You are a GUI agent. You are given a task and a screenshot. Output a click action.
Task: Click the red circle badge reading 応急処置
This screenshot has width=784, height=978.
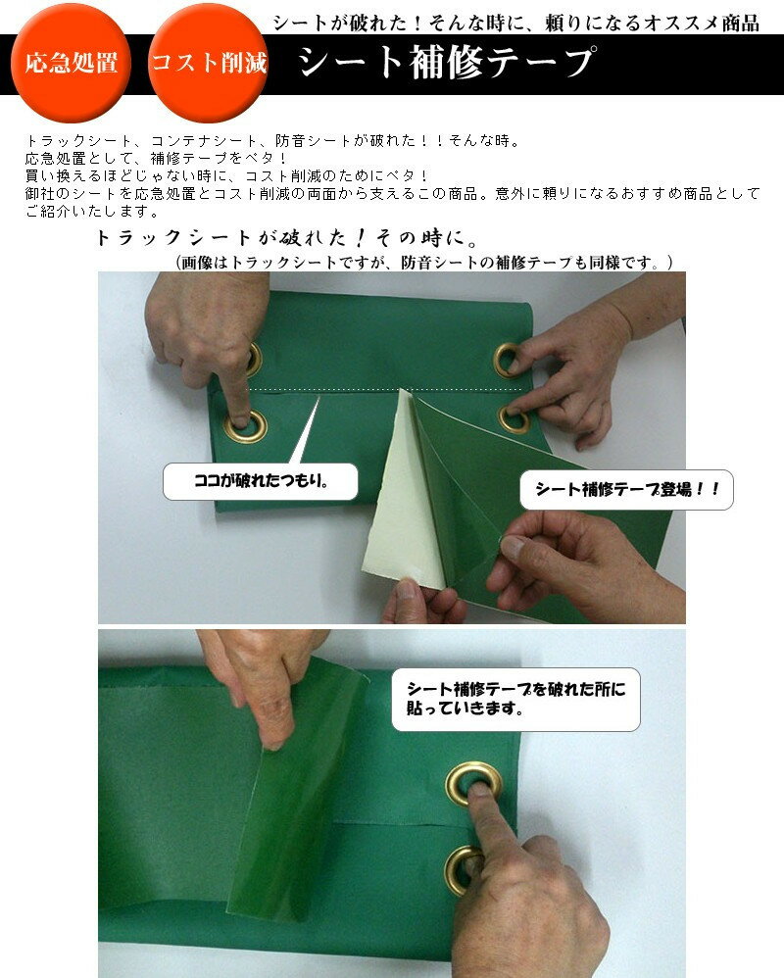coord(71,63)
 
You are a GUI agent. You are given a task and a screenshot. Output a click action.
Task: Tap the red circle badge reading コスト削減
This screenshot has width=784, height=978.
coord(208,63)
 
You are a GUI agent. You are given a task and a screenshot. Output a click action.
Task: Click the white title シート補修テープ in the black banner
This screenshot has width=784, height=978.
coord(445,63)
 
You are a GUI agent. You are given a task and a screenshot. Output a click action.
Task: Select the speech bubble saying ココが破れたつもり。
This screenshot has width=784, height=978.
coord(260,481)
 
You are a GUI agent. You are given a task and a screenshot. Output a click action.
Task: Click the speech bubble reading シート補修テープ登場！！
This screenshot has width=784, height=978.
coord(626,490)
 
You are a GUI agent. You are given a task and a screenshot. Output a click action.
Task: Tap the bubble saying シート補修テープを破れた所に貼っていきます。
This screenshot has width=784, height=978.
coord(515,699)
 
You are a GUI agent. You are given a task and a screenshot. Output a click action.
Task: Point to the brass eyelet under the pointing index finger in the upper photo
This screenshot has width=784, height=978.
coord(246,426)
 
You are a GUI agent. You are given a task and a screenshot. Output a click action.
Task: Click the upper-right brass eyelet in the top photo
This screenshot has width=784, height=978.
coord(508,360)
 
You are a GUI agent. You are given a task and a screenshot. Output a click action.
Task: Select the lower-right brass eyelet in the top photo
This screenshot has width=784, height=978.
coord(514,419)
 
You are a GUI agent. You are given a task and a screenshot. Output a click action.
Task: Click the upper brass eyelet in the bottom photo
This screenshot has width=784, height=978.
coord(473,784)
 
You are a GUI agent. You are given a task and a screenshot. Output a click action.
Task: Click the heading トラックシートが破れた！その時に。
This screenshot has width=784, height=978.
coord(287,237)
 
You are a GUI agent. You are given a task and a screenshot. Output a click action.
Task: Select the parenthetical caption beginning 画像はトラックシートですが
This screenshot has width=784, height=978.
coord(424,263)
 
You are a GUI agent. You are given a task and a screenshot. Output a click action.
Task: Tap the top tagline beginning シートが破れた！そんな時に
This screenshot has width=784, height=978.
coord(516,24)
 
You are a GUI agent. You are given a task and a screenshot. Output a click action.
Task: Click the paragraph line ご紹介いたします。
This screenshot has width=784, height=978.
coord(93,212)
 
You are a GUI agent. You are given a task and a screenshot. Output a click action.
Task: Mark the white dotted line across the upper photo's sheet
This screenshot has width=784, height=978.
coord(385,389)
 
